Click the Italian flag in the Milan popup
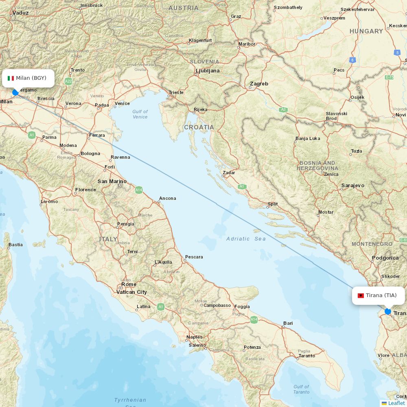(x=11, y=78)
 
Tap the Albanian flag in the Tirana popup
(x=361, y=295)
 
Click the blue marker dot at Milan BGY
(x=15, y=92)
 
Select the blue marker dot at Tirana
(x=388, y=311)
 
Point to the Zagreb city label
(x=259, y=84)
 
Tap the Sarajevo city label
(x=353, y=185)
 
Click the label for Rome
(x=129, y=284)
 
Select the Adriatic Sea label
(x=246, y=239)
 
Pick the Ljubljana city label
(x=208, y=71)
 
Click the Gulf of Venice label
(x=140, y=114)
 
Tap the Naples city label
(x=194, y=337)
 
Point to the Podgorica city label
(x=385, y=258)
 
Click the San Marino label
(x=112, y=182)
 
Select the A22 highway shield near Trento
(x=68, y=81)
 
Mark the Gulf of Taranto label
(x=301, y=389)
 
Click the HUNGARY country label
(x=366, y=31)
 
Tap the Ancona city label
(x=168, y=198)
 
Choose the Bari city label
(x=288, y=323)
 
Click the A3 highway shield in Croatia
(x=283, y=110)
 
